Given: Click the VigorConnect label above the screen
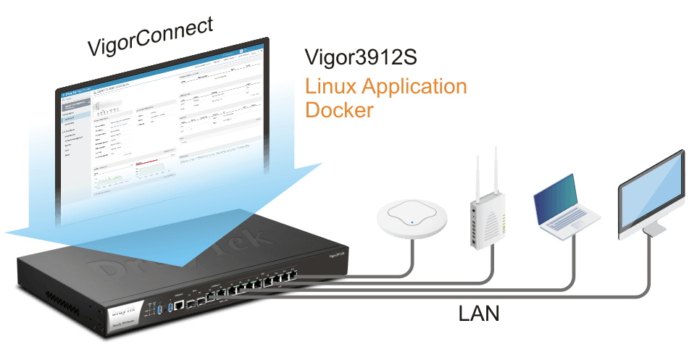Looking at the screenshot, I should (150, 38).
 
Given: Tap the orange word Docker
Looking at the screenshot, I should (340, 111).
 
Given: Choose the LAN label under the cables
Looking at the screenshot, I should (480, 314).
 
